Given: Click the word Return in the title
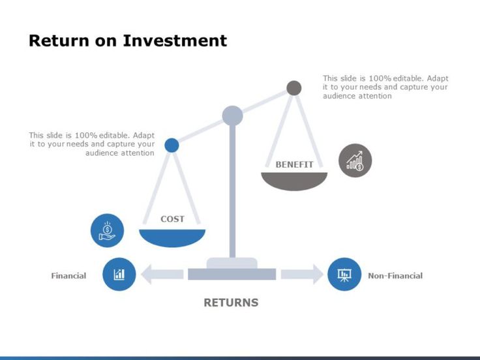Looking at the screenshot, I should click(x=57, y=40).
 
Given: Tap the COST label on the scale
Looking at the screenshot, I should click(x=172, y=219).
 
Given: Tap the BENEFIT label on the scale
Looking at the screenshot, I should click(x=294, y=164).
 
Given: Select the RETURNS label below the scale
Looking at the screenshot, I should click(x=231, y=303).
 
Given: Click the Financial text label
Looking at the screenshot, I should click(x=68, y=276).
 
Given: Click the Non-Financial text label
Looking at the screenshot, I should click(x=395, y=276).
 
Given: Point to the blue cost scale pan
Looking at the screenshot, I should click(x=172, y=237).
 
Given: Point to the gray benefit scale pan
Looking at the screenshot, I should click(x=294, y=181).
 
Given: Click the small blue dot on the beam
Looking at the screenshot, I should click(x=172, y=145).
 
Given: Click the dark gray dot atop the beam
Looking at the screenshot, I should click(x=294, y=88).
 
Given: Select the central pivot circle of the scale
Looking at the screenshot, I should click(x=232, y=116).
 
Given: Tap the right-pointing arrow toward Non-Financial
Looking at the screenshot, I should click(x=302, y=275).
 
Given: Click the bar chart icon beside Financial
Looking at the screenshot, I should click(x=119, y=275).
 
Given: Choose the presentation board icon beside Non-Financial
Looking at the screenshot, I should click(x=344, y=275).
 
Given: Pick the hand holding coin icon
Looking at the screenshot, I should click(x=107, y=231).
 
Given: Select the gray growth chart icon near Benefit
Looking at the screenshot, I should click(x=355, y=160).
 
